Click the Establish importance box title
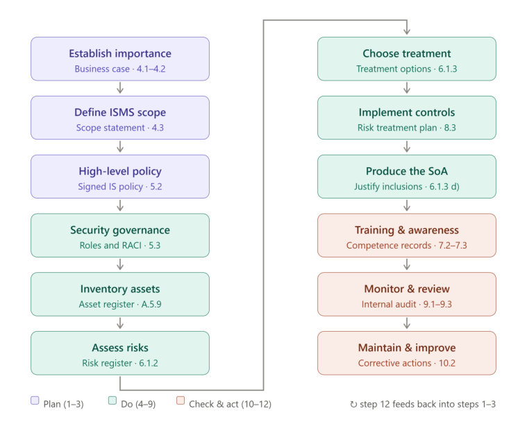(120, 53)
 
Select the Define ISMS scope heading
(120, 112)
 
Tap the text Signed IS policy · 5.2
(120, 187)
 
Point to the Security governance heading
(120, 230)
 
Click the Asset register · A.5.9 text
(120, 304)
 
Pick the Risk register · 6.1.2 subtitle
(120, 363)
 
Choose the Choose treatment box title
(407, 53)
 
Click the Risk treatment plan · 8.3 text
(407, 128)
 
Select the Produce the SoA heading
(407, 171)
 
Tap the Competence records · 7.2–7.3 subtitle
(407, 245)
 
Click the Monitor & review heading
(407, 289)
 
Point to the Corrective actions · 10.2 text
(407, 363)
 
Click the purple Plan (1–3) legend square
(35, 400)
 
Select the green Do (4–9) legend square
(112, 400)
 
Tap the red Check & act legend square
(181, 400)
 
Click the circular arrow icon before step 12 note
(353, 404)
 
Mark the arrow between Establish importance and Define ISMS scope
(120, 88)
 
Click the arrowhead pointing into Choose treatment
(407, 32)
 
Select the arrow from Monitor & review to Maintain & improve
(407, 323)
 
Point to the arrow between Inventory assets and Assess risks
(120, 323)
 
